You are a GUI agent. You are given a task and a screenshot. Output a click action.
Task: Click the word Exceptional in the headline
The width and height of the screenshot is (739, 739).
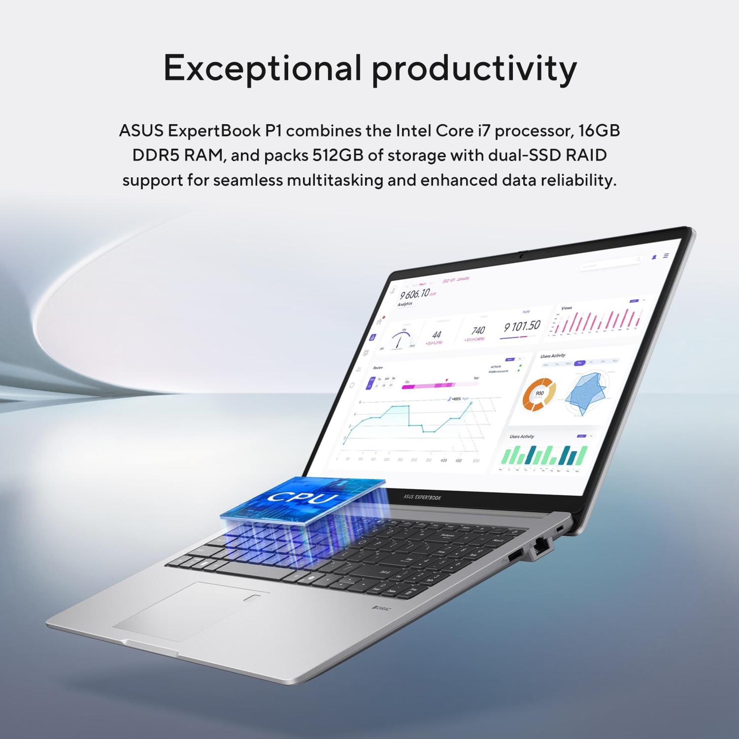262,68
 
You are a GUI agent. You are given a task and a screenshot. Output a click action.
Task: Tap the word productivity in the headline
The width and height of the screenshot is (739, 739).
473,69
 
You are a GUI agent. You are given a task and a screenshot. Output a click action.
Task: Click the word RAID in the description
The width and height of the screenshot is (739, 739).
586,155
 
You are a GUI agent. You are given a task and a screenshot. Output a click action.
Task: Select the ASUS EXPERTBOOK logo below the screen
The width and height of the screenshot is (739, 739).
422,497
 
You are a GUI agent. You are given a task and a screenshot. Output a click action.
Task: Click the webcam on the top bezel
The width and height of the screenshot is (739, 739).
520,256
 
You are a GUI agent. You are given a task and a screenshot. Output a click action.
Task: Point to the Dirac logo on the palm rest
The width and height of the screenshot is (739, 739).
381,609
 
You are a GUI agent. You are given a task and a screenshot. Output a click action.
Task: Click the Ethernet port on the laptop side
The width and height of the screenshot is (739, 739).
541,545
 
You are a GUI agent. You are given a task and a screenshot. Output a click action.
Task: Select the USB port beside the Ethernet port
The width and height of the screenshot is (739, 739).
515,556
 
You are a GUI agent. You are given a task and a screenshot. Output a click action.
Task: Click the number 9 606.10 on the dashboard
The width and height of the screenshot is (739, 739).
414,294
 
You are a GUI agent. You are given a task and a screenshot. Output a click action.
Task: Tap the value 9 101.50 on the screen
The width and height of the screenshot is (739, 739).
522,327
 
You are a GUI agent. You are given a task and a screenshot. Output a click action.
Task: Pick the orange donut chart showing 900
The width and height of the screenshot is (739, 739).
539,394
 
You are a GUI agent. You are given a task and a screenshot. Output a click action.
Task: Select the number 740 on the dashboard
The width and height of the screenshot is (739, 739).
478,331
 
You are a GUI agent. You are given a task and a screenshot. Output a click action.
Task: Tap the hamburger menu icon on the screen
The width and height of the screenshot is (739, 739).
666,256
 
